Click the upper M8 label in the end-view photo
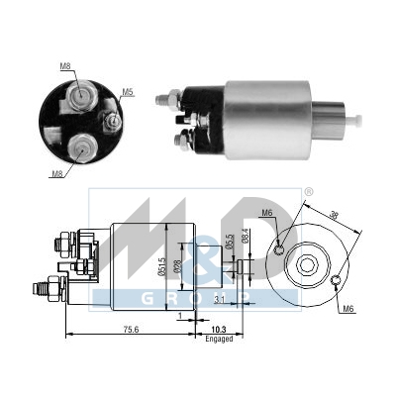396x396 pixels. coord(66,67)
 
